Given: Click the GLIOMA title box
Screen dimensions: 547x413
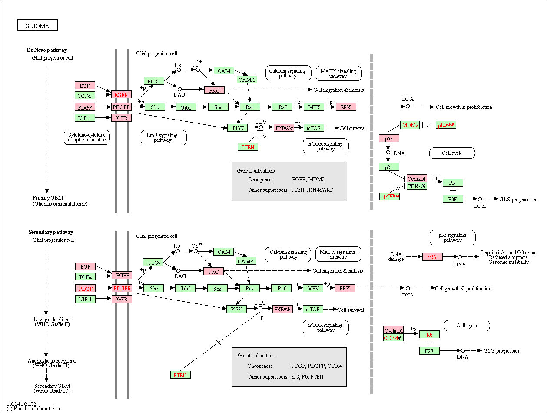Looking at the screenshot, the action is click(37, 25).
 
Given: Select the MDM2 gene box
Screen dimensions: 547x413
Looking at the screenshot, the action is click(410, 125).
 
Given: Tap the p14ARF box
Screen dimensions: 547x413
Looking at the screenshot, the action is click(446, 125).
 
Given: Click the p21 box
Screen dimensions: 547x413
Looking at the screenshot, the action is click(389, 167).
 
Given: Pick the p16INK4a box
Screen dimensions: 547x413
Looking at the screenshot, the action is click(389, 197).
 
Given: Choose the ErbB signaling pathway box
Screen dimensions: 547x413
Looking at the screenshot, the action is click(163, 137).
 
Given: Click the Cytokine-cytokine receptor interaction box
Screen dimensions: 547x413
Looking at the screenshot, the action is click(87, 137).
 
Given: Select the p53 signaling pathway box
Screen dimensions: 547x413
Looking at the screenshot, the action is click(453, 237).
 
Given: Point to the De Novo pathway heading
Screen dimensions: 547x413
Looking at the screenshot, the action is click(47, 50).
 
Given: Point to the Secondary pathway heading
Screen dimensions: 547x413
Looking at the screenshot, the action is click(51, 232).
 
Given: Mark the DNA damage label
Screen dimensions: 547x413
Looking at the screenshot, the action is click(396, 256).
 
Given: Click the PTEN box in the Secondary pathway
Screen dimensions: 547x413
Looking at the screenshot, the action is click(180, 375).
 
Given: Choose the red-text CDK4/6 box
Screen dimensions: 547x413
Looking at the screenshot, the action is click(393, 338).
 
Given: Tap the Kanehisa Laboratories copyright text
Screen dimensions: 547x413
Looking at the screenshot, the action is click(33, 409).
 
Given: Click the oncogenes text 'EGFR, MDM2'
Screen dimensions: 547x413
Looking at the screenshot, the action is click(308, 180).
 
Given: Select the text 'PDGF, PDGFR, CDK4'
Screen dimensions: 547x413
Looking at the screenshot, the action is click(316, 366).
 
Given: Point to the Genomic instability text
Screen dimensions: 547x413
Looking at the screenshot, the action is click(509, 262).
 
